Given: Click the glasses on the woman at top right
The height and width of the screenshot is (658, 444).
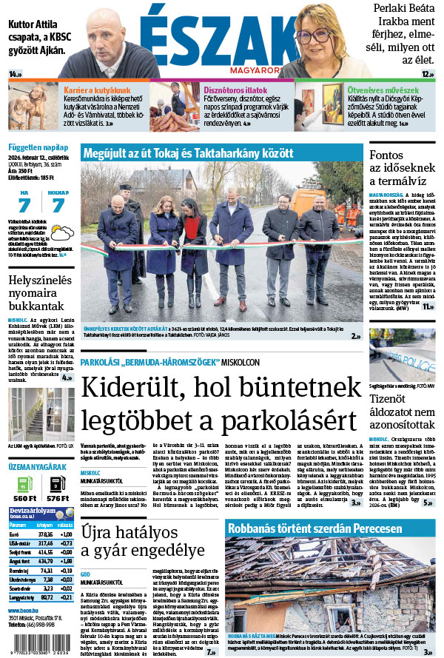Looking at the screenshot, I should (314, 34).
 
